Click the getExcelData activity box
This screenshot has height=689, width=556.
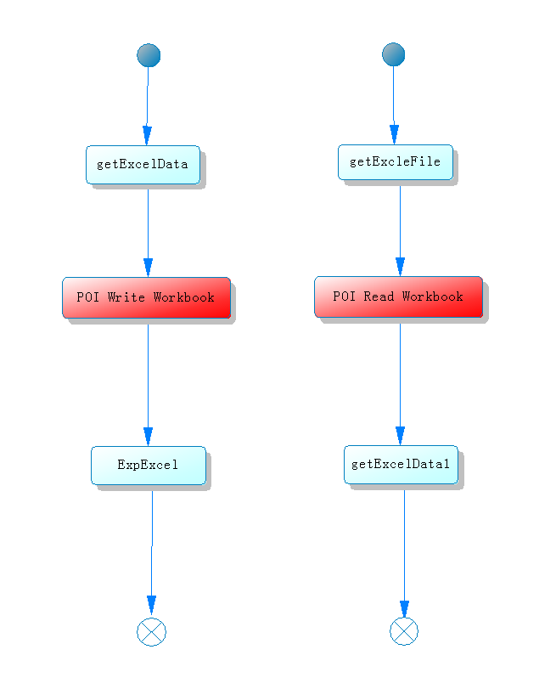point(143,165)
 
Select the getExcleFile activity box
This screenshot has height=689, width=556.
point(396,162)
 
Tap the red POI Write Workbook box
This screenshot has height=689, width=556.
point(146,297)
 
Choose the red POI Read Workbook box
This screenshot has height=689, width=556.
point(398,296)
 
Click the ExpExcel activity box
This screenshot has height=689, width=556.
point(149,466)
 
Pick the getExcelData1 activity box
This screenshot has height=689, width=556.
point(401,465)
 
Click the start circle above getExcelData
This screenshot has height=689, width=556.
point(149,55)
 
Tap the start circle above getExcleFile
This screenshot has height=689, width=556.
point(394,54)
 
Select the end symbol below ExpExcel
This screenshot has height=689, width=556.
point(151,632)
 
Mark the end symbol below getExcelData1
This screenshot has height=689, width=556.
point(404,631)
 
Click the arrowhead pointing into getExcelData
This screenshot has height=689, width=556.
point(147,136)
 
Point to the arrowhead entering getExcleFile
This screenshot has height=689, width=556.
point(395,135)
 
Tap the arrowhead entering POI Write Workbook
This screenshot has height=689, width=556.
point(148,268)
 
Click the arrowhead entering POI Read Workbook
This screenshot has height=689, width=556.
point(400,267)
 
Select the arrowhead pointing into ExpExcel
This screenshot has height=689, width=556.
point(148,437)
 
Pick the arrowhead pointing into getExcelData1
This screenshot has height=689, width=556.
point(400,436)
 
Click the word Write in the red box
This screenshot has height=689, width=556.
point(126,297)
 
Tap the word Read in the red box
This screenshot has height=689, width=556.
point(379,296)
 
